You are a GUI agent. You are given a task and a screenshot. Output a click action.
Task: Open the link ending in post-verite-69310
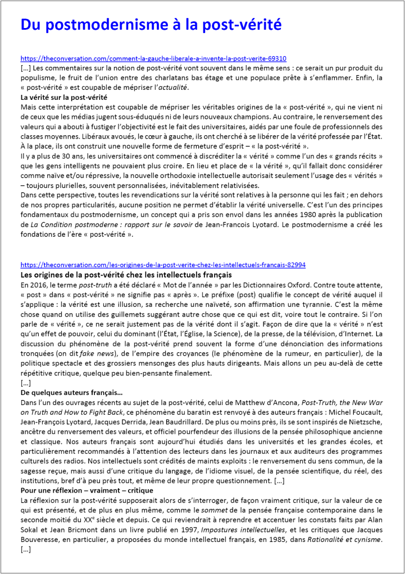coord(153,58)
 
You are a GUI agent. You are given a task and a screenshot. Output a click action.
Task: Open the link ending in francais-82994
coord(163,264)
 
